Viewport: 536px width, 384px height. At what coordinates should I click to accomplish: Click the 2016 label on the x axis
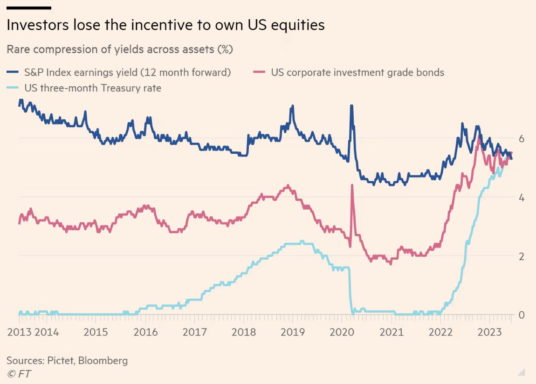pos(145,332)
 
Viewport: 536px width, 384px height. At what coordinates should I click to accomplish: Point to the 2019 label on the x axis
pos(293,332)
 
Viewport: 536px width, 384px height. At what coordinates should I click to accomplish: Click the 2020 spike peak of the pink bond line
pos(351,185)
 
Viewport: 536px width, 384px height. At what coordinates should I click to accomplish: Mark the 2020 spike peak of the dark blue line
pos(351,106)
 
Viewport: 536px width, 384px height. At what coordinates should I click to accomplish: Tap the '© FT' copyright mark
pos(19,373)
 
